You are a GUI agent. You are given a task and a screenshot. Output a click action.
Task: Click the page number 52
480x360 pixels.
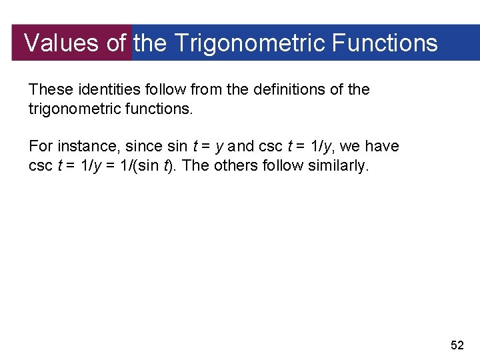(x=457, y=345)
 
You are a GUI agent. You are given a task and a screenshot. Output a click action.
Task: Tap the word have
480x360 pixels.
(x=383, y=146)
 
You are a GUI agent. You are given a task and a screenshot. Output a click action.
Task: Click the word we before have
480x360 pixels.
(x=350, y=146)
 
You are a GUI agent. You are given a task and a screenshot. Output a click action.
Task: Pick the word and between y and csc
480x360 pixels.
(x=241, y=146)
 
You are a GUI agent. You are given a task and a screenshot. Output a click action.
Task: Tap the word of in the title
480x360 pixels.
(x=116, y=43)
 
